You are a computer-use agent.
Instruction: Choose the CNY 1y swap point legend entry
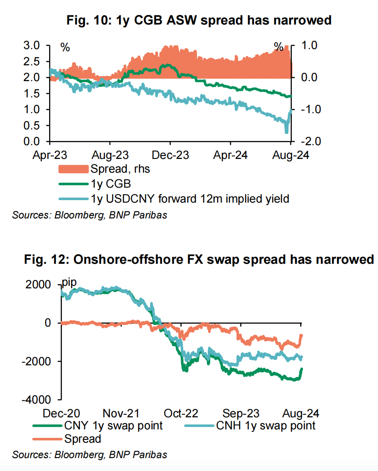113,426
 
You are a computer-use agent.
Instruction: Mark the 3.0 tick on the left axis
32,45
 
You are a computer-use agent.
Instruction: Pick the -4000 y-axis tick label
38,399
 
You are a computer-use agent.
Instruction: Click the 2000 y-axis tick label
40,285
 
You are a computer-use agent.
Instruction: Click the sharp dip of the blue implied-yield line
286,131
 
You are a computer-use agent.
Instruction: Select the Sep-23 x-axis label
241,414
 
